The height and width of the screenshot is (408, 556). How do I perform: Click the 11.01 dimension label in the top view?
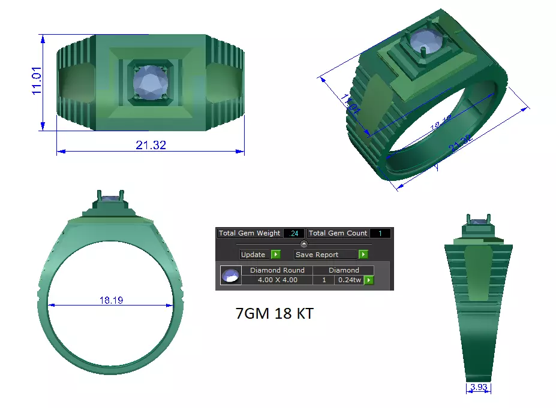[x=37, y=80]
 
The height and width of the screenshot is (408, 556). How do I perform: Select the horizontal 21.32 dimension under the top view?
[x=151, y=145]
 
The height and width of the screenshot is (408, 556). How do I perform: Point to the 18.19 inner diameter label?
[x=111, y=300]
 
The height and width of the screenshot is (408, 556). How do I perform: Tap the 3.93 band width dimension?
[x=479, y=387]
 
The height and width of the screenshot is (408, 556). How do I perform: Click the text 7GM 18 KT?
[x=274, y=314]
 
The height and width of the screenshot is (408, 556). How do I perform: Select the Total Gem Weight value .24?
[x=294, y=233]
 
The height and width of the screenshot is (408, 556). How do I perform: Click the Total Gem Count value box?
[x=380, y=233]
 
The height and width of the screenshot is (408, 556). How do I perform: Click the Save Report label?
[x=317, y=255]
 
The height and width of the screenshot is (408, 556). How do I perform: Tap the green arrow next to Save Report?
[x=363, y=255]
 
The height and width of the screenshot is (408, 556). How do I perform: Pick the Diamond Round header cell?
[x=277, y=270]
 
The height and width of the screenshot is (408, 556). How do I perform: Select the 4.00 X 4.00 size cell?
[x=277, y=280]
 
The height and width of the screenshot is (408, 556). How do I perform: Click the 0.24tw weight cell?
[x=348, y=280]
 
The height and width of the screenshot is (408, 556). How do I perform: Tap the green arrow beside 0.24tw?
[x=369, y=280]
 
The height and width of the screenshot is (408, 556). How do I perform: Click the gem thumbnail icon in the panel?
[x=230, y=276]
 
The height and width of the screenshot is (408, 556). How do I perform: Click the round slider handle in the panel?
[x=303, y=244]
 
